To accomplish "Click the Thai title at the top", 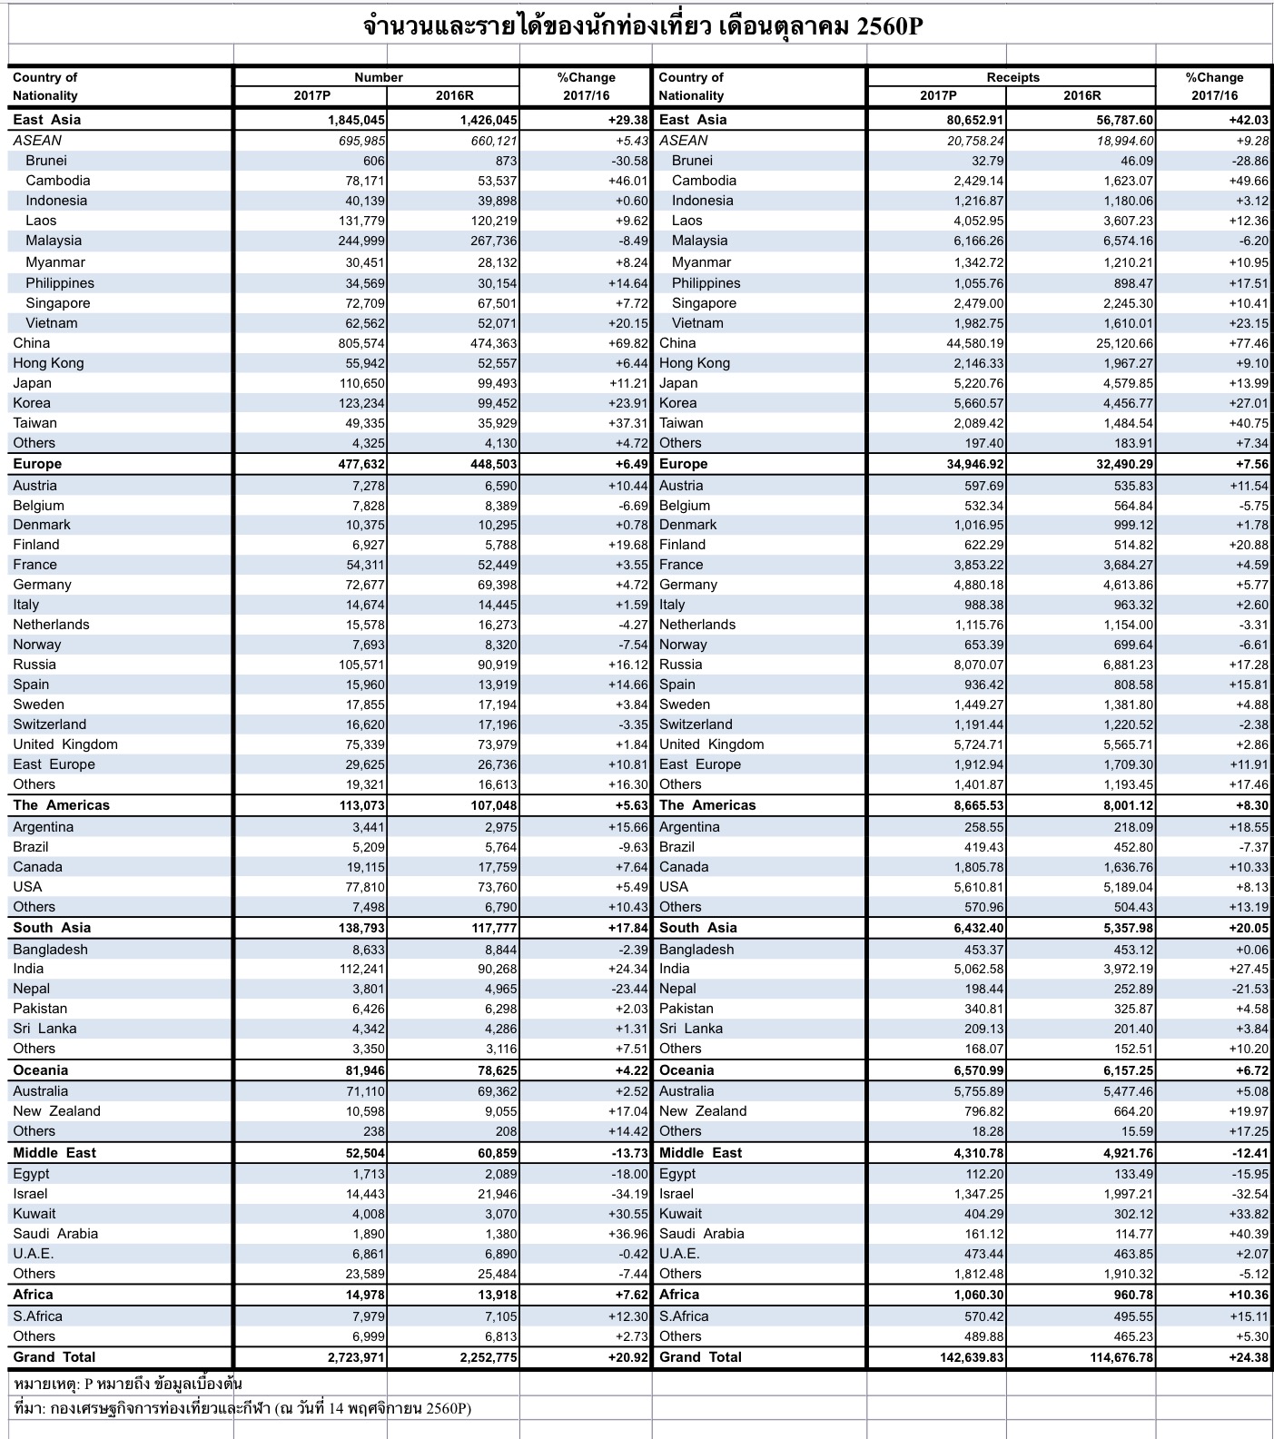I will [642, 25].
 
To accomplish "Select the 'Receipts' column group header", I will [1012, 77].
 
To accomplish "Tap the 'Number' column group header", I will [378, 77].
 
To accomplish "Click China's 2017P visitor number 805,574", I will [361, 343].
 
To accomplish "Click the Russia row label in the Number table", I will [35, 665].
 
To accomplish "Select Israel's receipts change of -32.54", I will [1249, 1194].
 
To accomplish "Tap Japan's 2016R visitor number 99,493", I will [498, 383].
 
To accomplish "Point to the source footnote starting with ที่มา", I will [242, 1408].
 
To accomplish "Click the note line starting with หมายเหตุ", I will [127, 1384].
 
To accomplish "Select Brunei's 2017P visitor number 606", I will [373, 161].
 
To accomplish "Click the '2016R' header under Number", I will [454, 95].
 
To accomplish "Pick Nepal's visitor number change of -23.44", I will [629, 989].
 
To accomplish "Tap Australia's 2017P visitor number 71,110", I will [365, 1091].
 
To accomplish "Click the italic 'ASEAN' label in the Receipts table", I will [683, 141].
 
